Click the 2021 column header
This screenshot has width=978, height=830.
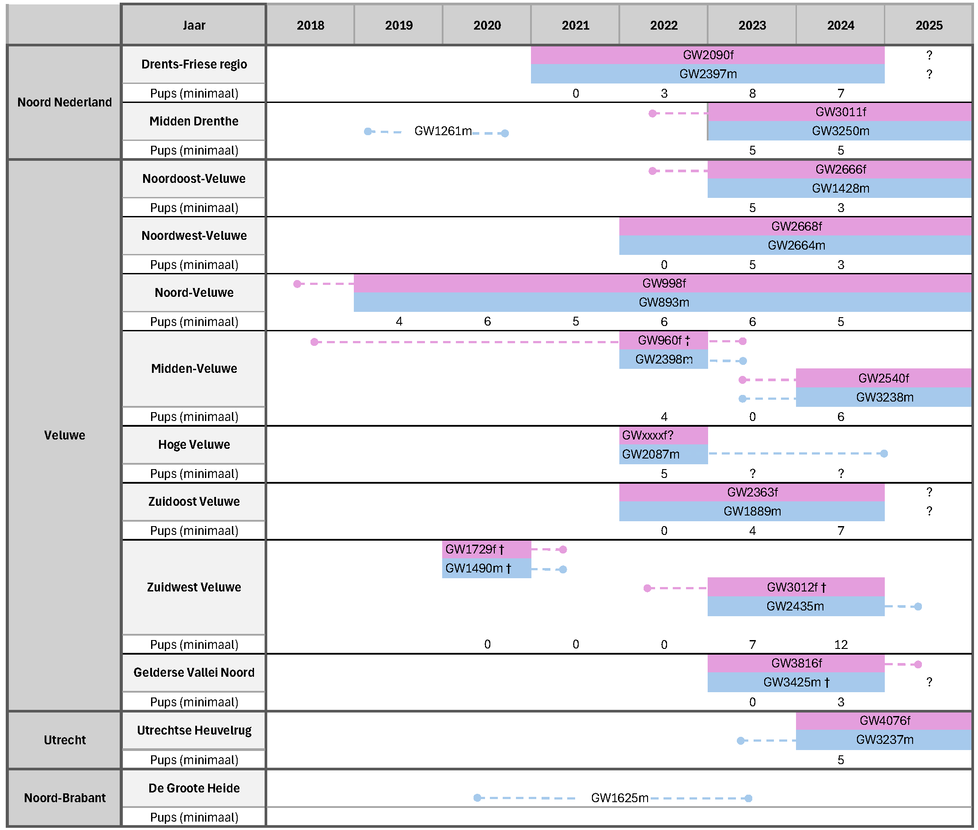pos(575,25)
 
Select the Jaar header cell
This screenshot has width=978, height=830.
pos(194,25)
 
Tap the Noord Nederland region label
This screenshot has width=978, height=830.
pos(64,102)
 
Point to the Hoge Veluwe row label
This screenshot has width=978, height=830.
pos(194,444)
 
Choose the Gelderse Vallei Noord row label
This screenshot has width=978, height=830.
pos(194,672)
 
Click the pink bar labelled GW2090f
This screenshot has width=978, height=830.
pos(708,55)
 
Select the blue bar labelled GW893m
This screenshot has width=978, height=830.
pos(663,302)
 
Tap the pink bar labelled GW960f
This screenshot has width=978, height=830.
pos(663,340)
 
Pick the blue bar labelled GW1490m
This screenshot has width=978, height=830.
pos(486,568)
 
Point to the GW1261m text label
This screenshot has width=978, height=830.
pos(443,131)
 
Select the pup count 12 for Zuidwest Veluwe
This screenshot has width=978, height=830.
pos(841,644)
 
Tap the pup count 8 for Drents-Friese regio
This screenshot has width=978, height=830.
pos(752,93)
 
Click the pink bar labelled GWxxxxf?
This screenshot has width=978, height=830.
pos(663,435)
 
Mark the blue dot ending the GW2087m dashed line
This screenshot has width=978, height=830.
pos(884,454)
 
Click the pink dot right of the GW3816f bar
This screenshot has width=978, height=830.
pos(918,664)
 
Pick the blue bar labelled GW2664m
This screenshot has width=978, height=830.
pos(796,245)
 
